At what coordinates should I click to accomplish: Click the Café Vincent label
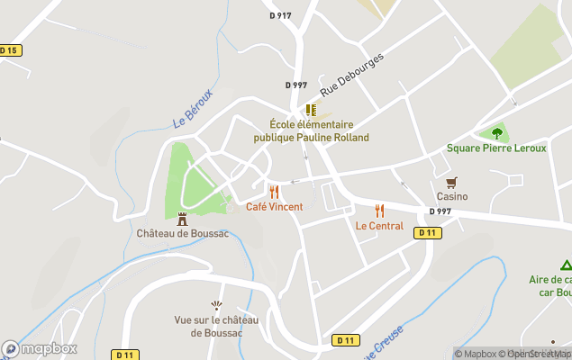tap(274, 207)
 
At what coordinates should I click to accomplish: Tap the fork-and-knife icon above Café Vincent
tap(274, 192)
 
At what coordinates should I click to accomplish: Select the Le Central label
tap(379, 226)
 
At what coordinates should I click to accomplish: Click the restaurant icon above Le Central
tap(379, 211)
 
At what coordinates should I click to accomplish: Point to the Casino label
tap(452, 196)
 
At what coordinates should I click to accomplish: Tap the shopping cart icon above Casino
tap(452, 182)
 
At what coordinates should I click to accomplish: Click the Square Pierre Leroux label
tap(496, 148)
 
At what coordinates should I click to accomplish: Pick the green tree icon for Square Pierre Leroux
tap(496, 133)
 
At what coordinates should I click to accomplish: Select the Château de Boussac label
tap(182, 233)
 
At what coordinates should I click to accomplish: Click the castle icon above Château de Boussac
tap(182, 219)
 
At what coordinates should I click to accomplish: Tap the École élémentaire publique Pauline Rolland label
tap(311, 131)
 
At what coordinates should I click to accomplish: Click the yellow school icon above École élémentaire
tap(311, 110)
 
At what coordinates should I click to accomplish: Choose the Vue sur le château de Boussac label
tap(216, 327)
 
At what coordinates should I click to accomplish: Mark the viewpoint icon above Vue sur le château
tap(216, 306)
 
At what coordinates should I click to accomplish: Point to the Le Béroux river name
tap(194, 107)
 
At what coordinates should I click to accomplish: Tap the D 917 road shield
tap(280, 15)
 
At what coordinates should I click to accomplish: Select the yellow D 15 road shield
tap(9, 50)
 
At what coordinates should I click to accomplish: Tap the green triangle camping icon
tap(566, 265)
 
